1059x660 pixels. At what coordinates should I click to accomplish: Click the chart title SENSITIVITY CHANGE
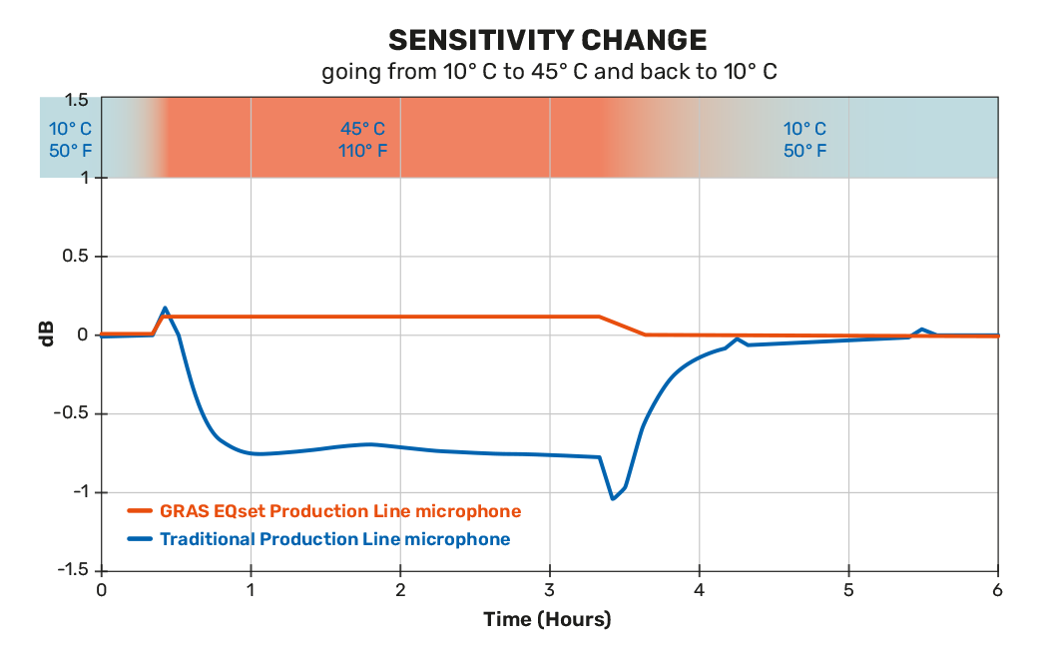pyautogui.click(x=548, y=40)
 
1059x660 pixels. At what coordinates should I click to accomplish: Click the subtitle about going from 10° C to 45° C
pyautogui.click(x=548, y=73)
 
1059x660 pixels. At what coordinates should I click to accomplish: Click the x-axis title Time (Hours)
pyautogui.click(x=547, y=620)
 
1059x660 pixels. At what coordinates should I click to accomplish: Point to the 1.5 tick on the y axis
pyautogui.click(x=77, y=100)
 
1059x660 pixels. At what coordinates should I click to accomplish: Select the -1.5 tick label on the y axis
pyautogui.click(x=71, y=569)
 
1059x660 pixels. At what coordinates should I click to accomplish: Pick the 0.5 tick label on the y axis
pyautogui.click(x=77, y=257)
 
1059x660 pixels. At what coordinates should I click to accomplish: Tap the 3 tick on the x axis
pyautogui.click(x=550, y=590)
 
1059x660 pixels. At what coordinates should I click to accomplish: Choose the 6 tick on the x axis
pyautogui.click(x=998, y=590)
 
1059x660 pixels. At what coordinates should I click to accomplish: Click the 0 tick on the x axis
pyautogui.click(x=101, y=590)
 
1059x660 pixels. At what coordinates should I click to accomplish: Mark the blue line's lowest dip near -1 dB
pyautogui.click(x=613, y=498)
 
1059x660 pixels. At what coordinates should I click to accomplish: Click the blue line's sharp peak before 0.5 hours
pyautogui.click(x=165, y=309)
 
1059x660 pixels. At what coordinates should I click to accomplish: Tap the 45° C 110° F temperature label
pyautogui.click(x=362, y=140)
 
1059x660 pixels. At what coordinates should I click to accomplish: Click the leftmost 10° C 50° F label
pyautogui.click(x=71, y=140)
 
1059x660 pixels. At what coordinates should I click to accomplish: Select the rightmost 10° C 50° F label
pyautogui.click(x=804, y=140)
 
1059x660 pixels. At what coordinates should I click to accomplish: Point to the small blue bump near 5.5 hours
pyautogui.click(x=922, y=330)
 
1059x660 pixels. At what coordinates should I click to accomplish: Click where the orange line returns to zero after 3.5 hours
pyautogui.click(x=645, y=334)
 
